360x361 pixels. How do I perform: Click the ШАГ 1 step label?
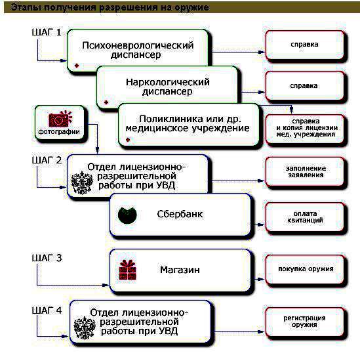click(x=47, y=32)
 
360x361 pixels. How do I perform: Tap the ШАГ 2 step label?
click(x=47, y=160)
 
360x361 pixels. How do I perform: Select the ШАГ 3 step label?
click(x=47, y=258)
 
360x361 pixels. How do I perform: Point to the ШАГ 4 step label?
click(x=47, y=310)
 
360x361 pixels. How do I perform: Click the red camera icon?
click(x=60, y=119)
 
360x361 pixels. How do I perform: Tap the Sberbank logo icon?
click(x=127, y=215)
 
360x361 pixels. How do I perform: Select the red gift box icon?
click(x=128, y=270)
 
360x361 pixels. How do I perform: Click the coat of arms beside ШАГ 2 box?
click(x=82, y=183)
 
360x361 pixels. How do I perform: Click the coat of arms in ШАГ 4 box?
click(x=85, y=328)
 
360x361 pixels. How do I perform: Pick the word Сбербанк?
click(x=180, y=214)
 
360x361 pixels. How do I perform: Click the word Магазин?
click(x=180, y=270)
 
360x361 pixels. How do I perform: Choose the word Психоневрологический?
click(x=138, y=45)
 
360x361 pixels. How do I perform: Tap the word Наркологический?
click(x=168, y=82)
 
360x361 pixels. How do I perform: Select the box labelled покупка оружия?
click(x=306, y=269)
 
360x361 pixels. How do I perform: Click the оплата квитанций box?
click(x=306, y=217)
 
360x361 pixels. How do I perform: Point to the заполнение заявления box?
click(x=306, y=172)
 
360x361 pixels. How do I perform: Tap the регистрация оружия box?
click(x=306, y=322)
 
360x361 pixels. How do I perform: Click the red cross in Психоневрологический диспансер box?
click(x=77, y=66)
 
